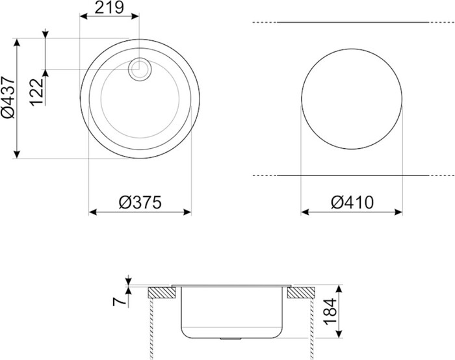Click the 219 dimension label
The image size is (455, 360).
tap(109, 8)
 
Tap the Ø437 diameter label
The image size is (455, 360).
tap(8, 97)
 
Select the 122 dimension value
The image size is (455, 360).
tap(36, 92)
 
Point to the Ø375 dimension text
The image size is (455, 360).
tap(140, 202)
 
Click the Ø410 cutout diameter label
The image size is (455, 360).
tap(352, 202)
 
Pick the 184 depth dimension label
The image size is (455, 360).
tap(330, 311)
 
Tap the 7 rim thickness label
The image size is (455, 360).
tap(120, 302)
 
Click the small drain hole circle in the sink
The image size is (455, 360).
tap(140, 69)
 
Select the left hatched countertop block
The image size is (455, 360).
tap(162, 292)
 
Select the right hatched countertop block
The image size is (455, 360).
tap(301, 292)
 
